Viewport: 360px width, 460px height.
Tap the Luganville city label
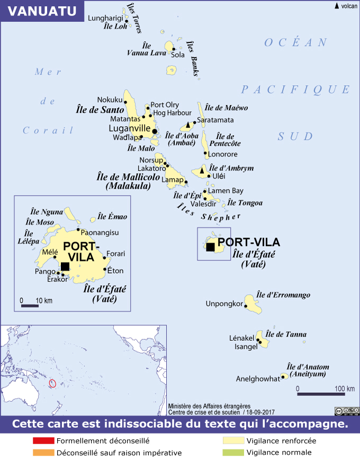click(x=130, y=128)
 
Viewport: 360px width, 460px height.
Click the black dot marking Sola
click(x=173, y=49)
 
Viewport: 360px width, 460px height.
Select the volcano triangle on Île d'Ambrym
click(x=202, y=171)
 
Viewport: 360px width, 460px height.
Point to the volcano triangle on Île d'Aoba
click(x=187, y=125)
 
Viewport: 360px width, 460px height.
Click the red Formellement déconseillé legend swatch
click(x=43, y=440)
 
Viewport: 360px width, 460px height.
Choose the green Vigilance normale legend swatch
click(x=232, y=453)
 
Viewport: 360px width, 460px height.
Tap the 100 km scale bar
click(x=317, y=394)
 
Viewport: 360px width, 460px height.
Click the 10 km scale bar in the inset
click(x=30, y=306)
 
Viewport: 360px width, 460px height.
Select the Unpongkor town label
click(x=223, y=304)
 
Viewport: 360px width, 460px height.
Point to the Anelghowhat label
click(x=257, y=379)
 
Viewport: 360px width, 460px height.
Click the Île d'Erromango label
click(x=283, y=295)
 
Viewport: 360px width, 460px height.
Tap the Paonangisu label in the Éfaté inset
click(x=101, y=232)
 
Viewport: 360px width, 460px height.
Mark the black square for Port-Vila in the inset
click(x=65, y=266)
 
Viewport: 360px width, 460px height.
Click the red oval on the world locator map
click(x=52, y=383)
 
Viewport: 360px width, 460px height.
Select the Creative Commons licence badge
click(x=346, y=411)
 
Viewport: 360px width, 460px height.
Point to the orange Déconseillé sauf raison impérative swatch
click(x=43, y=453)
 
